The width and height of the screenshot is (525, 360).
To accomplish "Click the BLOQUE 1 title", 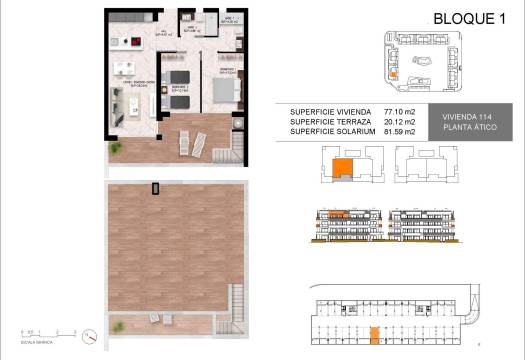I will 466,18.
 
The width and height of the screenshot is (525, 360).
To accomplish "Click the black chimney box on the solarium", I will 155,188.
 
